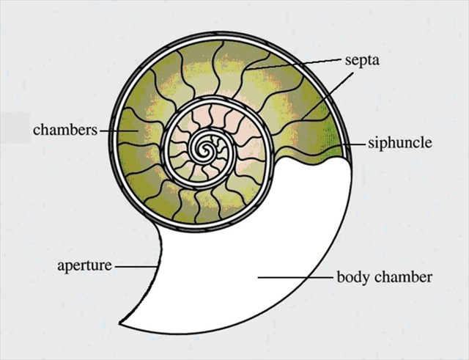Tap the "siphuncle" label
point(399,143)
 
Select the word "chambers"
point(65,130)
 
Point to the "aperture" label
point(84,265)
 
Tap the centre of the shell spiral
point(206,151)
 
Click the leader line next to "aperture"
point(136,265)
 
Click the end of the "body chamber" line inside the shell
point(258,278)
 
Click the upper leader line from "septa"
point(293,64)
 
